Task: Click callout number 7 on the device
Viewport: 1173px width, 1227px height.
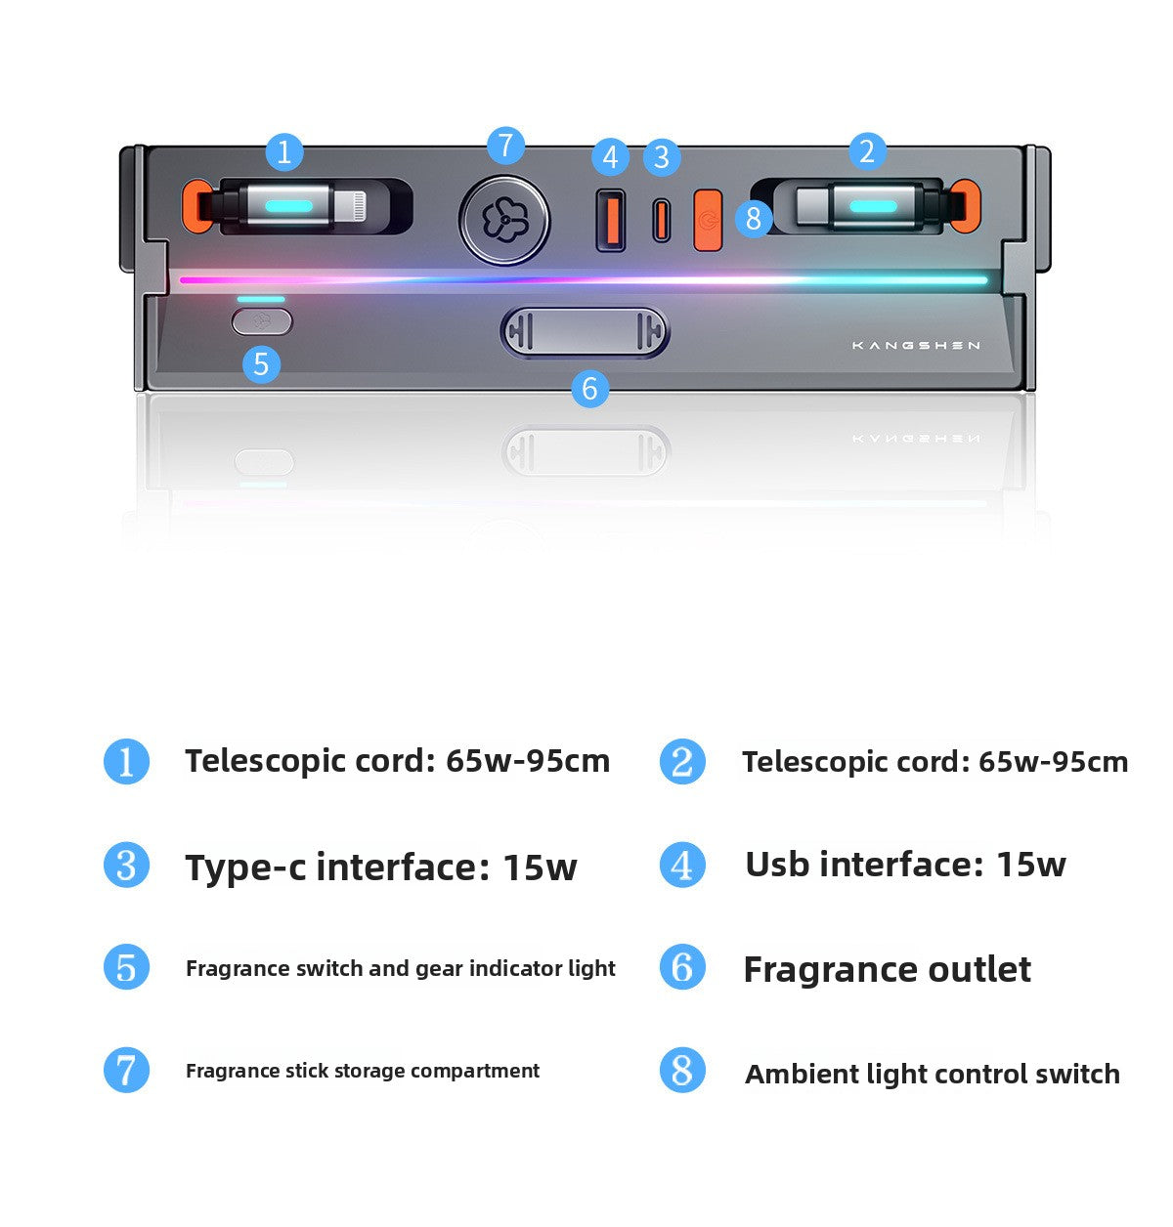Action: point(505,146)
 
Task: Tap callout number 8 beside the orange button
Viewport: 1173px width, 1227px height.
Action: point(754,219)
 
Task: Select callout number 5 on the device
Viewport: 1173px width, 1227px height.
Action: point(261,364)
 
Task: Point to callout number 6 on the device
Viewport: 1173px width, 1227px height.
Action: point(590,389)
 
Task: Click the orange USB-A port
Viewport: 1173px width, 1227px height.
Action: point(611,220)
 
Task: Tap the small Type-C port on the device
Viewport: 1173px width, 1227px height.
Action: point(661,220)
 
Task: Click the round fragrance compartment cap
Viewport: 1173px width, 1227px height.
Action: point(504,221)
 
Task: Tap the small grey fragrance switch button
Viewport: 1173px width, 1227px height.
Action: point(262,322)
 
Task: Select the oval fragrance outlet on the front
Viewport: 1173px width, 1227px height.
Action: point(585,331)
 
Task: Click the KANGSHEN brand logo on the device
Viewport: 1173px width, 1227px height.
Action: point(916,346)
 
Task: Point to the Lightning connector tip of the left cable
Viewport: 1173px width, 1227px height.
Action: point(350,205)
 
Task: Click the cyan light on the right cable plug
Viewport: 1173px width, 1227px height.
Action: point(873,206)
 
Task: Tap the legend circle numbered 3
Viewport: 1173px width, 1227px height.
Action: point(126,866)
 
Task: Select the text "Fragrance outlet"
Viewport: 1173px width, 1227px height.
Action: point(888,969)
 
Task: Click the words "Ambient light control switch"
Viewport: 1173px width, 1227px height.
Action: point(932,1074)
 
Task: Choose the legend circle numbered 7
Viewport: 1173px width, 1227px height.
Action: point(126,1070)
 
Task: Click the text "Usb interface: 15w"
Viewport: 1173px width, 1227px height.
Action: point(905,864)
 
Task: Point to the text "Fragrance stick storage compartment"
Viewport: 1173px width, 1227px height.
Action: point(363,1071)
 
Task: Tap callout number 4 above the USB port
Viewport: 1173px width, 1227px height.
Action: point(610,157)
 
